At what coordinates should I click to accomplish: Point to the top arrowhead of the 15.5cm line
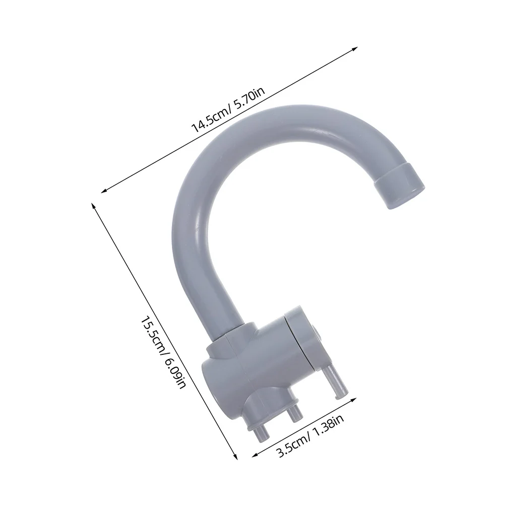click(93, 205)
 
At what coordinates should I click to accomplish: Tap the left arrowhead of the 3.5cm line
click(254, 454)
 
